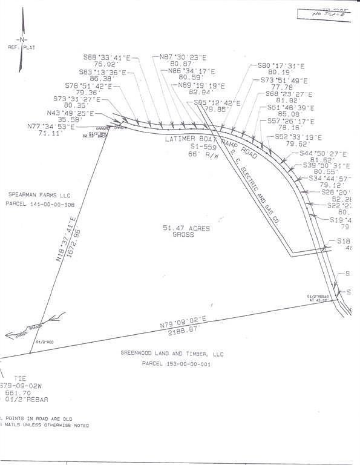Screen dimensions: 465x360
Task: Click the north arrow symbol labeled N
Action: click(22, 39)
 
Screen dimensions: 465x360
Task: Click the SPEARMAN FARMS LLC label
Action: click(36, 194)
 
